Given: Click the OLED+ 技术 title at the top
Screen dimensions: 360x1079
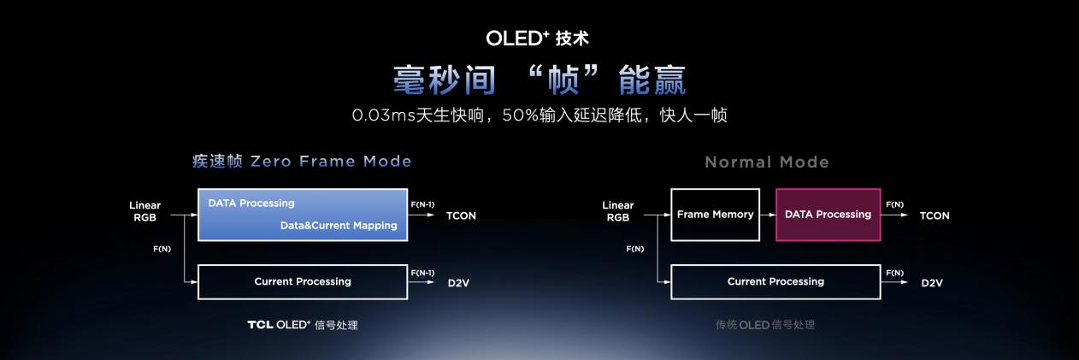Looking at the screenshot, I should pyautogui.click(x=537, y=38).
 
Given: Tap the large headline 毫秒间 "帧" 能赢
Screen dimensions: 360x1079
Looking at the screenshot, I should pyautogui.click(x=539, y=80).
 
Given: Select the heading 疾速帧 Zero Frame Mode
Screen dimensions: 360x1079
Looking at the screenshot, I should pyautogui.click(x=302, y=162).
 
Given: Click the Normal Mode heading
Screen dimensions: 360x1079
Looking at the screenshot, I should pyautogui.click(x=767, y=162).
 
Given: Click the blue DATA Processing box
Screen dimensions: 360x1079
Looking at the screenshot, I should pyautogui.click(x=302, y=215).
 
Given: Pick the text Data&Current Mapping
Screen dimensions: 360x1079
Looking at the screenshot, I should pyautogui.click(x=339, y=226).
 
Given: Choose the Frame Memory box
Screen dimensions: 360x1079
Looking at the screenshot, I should pyautogui.click(x=715, y=215).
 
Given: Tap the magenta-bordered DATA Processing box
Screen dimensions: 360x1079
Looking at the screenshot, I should pyautogui.click(x=828, y=215).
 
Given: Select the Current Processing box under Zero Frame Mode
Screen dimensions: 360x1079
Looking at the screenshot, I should pyautogui.click(x=302, y=281).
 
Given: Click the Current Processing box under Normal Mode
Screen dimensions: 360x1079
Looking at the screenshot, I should pyautogui.click(x=775, y=281).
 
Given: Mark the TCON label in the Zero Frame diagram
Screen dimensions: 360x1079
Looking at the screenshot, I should pyautogui.click(x=461, y=215).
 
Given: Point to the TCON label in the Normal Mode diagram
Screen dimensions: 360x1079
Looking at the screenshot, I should pyautogui.click(x=935, y=215).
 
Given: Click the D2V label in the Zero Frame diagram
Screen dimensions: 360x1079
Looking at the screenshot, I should pyautogui.click(x=459, y=282).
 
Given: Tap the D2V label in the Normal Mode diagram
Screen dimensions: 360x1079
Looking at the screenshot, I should pyautogui.click(x=932, y=282).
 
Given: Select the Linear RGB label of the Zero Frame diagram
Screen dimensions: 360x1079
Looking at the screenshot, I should pyautogui.click(x=144, y=211).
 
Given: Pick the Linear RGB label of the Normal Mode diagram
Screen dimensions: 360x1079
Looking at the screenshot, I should pyautogui.click(x=618, y=211).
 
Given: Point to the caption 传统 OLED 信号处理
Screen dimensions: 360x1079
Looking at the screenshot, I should pyautogui.click(x=765, y=325).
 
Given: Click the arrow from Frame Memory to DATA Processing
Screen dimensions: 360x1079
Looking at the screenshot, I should pyautogui.click(x=768, y=215).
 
